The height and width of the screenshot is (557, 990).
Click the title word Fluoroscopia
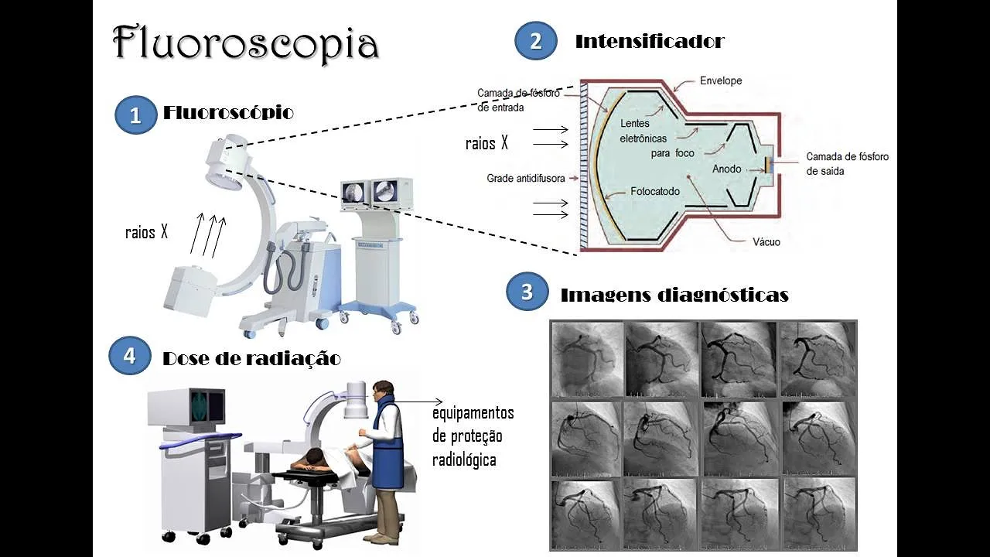pos(246,43)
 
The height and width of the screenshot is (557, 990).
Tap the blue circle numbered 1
pos(135,116)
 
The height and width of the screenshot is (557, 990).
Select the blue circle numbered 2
pos(535,41)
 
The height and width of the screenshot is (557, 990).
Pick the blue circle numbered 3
pos(527,292)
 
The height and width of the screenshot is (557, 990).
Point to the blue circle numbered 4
pos(129,356)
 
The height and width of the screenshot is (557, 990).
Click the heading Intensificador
pos(649,41)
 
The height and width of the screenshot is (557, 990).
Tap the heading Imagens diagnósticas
pos(674,295)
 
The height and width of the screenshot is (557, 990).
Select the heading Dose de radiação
pos(251,358)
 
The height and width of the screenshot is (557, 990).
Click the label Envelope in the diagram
pos(720,80)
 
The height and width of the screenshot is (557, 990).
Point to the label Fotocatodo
pos(654,190)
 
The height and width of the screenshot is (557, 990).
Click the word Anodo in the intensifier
pos(727,169)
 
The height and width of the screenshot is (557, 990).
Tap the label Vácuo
pos(766,241)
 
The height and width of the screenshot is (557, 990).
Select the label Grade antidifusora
pos(526,178)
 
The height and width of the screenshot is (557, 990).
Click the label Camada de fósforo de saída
pos(847,163)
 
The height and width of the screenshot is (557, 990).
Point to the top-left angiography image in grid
pos(587,358)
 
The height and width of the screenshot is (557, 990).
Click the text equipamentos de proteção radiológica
pos(473,436)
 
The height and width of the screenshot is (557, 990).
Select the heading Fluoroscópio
pos(228,113)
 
